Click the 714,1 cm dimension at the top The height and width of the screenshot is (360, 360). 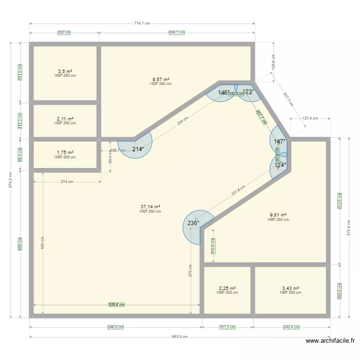pyautogui.click(x=142, y=23)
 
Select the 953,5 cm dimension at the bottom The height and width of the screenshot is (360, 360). pyautogui.click(x=180, y=336)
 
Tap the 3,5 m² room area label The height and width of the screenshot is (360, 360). pyautogui.click(x=65, y=72)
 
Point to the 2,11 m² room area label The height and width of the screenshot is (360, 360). pyautogui.click(x=65, y=119)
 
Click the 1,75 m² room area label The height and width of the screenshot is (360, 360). pyautogui.click(x=65, y=153)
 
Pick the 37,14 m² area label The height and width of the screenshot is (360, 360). pyautogui.click(x=150, y=207)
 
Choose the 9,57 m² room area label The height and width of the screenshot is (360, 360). pyautogui.click(x=161, y=79)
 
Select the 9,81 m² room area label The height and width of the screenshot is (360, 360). pyautogui.click(x=278, y=215)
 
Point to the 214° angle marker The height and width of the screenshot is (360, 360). pyautogui.click(x=138, y=149)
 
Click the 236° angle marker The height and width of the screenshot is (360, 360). pyautogui.click(x=193, y=223)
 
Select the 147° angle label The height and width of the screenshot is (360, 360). pyautogui.click(x=280, y=142)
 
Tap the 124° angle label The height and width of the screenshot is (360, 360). pyautogui.click(x=280, y=165)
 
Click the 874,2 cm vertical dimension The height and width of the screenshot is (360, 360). pyautogui.click(x=11, y=180)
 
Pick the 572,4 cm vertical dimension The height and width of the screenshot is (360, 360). pyautogui.click(x=349, y=226)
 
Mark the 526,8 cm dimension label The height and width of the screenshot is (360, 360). pyautogui.click(x=117, y=304)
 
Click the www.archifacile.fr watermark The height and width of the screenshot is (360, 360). pyautogui.click(x=330, y=341)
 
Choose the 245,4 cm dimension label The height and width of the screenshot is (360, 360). pyautogui.click(x=291, y=327)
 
